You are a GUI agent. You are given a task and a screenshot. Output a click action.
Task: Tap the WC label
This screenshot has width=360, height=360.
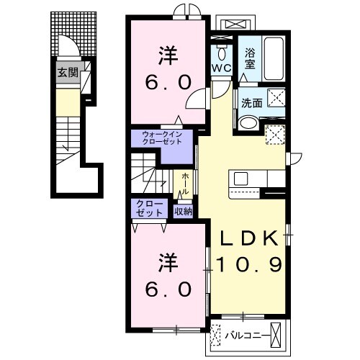coord(221,68)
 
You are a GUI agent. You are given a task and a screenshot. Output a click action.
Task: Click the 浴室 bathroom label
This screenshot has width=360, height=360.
coord(250,59)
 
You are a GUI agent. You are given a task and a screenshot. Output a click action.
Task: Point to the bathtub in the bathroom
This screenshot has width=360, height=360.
coord(274,59)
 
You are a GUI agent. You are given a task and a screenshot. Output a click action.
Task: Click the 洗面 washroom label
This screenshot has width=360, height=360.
coord(251,103)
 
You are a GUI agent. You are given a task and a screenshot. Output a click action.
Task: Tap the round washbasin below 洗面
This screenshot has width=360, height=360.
coord(249,123)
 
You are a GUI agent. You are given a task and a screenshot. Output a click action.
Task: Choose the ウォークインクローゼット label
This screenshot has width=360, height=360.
coord(162,138)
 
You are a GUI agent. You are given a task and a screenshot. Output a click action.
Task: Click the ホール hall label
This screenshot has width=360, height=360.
coord(185,184)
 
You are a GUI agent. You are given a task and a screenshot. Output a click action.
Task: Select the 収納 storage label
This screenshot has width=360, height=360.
coord(184,212)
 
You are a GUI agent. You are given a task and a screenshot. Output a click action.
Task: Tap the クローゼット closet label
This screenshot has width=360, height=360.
coord(149,209)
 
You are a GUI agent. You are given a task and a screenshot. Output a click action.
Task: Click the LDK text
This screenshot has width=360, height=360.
coord(249,238)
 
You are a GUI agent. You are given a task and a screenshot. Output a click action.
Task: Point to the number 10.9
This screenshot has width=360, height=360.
coord(249,264)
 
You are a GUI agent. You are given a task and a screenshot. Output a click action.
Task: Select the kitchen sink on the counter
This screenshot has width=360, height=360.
coord(240,179)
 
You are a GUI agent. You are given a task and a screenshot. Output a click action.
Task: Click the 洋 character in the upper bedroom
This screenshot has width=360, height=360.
coord(168,56)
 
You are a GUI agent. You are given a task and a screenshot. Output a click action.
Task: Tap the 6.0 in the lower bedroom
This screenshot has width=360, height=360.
coord(168,289)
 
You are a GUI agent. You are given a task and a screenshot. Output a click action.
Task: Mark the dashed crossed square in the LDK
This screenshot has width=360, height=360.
coord(275,135)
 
